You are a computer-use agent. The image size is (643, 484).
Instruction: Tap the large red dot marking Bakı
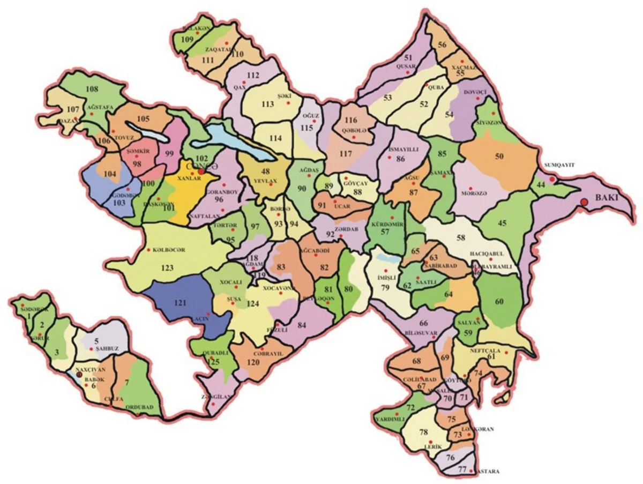click(584, 202)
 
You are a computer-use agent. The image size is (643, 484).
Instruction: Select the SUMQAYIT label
click(559, 165)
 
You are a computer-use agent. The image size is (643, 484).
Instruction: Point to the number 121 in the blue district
click(180, 303)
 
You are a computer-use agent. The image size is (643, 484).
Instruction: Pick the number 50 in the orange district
click(499, 156)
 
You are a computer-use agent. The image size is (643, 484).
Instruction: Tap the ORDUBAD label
click(139, 407)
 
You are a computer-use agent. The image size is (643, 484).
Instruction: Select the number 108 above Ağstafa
click(92, 89)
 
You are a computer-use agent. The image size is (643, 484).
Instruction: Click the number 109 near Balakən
click(187, 40)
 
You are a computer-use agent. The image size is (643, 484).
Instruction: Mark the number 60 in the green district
click(499, 302)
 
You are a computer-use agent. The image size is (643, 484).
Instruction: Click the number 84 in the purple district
click(302, 325)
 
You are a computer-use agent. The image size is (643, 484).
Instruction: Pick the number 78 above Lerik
click(424, 432)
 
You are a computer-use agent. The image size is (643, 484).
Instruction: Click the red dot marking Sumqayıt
click(552, 178)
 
